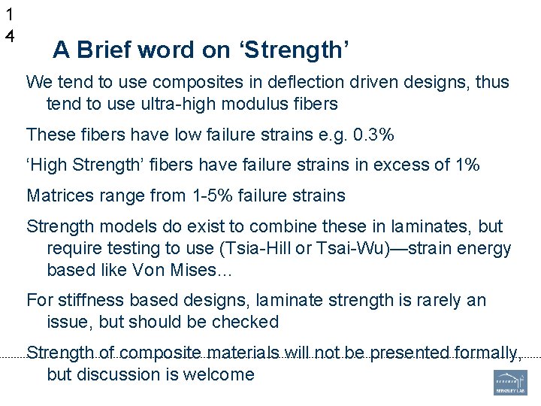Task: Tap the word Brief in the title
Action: click(103, 50)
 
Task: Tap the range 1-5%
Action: click(211, 196)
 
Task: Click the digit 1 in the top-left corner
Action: click(9, 14)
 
